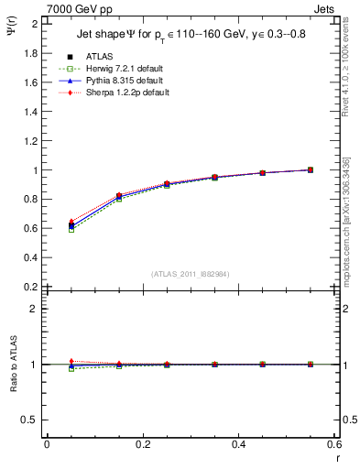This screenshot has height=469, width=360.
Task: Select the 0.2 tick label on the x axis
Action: pyautogui.click(x=142, y=444)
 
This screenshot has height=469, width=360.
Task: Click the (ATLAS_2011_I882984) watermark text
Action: pyautogui.click(x=190, y=273)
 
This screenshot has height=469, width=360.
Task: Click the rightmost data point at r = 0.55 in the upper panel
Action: pyautogui.click(x=310, y=169)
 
